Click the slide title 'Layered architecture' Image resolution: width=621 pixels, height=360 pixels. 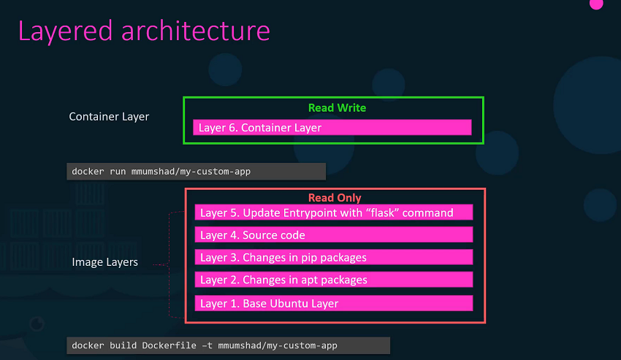pyautogui.click(x=144, y=31)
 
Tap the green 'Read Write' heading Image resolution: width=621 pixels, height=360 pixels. pyautogui.click(x=337, y=107)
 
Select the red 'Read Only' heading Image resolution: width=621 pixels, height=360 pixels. pyautogui.click(x=335, y=198)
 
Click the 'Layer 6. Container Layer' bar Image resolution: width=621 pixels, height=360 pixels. pyautogui.click(x=332, y=128)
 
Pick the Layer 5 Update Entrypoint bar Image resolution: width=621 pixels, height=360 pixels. pyautogui.click(x=334, y=212)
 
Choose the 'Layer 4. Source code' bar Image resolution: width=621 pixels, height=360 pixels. pyautogui.click(x=334, y=235)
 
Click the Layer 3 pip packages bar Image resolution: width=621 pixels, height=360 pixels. pyautogui.click(x=334, y=257)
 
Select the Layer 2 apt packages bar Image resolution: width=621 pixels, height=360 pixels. pyautogui.click(x=334, y=280)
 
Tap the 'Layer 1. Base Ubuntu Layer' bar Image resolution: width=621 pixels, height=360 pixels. pyautogui.click(x=334, y=302)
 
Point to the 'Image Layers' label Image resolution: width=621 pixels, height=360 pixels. pyautogui.click(x=104, y=262)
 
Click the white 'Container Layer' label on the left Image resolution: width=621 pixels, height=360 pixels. pyautogui.click(x=109, y=116)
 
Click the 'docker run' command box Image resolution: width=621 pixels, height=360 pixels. pyautogui.click(x=196, y=172)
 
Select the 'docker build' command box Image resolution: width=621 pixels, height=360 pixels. pyautogui.click(x=228, y=345)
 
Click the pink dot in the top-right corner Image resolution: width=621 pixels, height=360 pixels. pyautogui.click(x=596, y=4)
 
